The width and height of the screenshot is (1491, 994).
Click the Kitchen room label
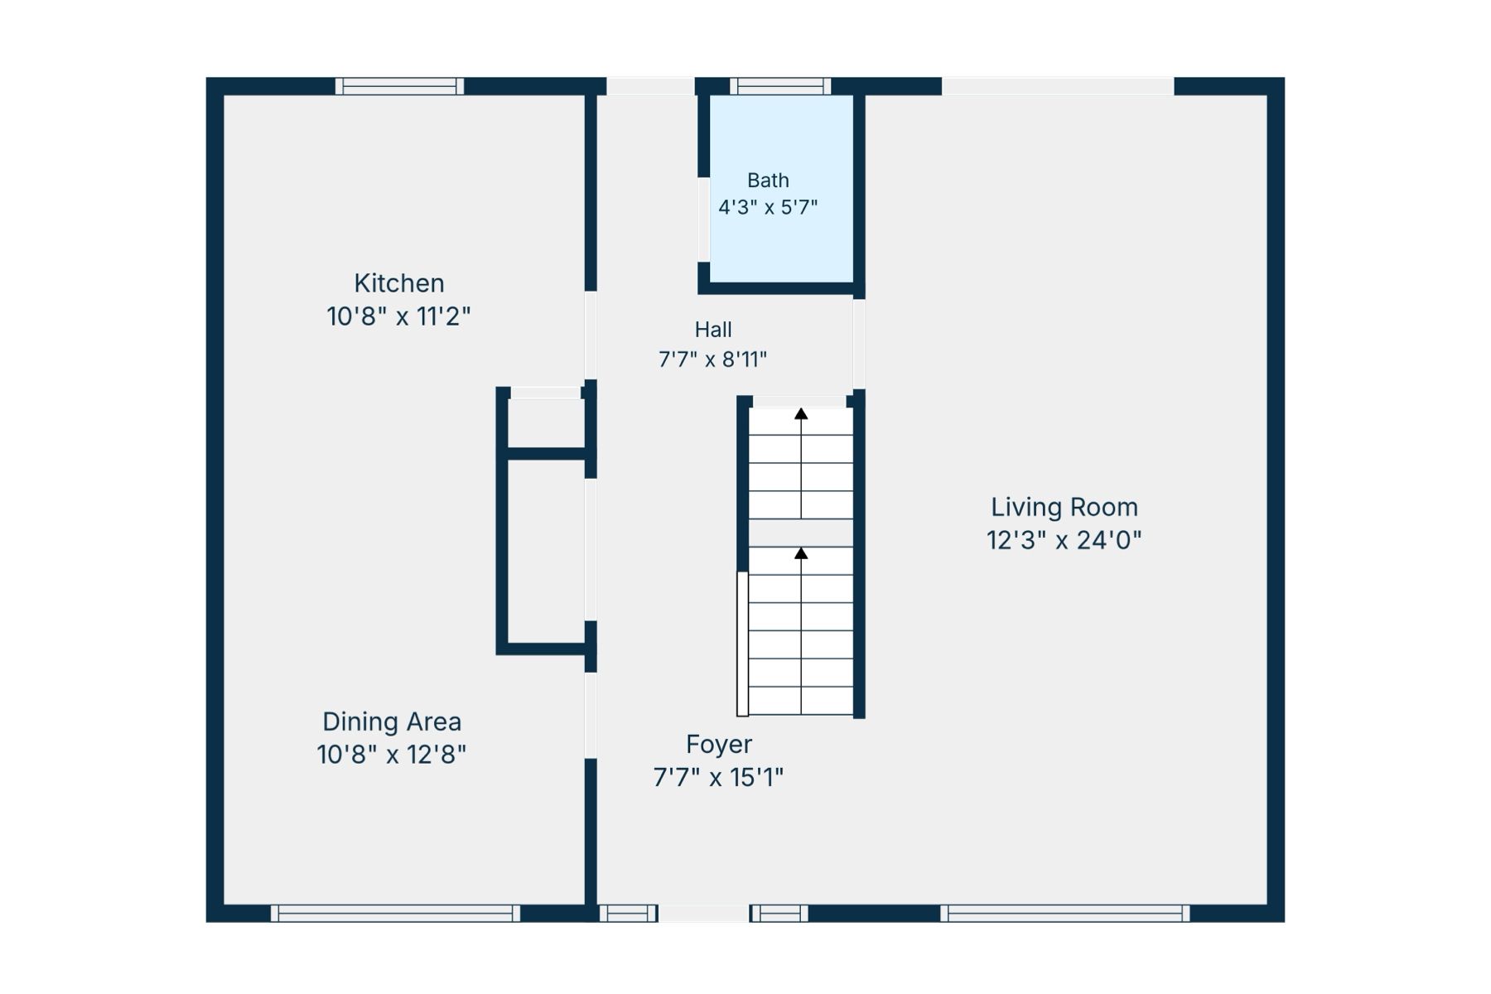tap(399, 283)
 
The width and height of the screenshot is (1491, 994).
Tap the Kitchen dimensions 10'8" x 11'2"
tap(399, 316)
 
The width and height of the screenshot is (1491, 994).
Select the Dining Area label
tap(392, 722)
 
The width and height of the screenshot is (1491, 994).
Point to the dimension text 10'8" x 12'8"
tap(392, 755)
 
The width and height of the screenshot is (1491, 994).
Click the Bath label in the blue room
tap(768, 180)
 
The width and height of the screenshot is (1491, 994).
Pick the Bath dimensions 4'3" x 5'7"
tap(768, 207)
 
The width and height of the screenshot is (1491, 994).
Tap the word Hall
tap(713, 330)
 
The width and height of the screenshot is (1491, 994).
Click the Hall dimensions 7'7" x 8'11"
tap(712, 359)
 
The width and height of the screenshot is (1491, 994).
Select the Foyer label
tap(719, 745)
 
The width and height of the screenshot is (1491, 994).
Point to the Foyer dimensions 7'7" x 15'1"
tap(718, 778)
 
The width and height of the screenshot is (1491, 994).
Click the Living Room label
tap(1064, 507)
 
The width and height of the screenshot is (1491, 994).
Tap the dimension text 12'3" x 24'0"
tap(1064, 540)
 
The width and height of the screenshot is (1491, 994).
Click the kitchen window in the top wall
tap(399, 86)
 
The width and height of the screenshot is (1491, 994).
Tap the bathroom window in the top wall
tap(780, 86)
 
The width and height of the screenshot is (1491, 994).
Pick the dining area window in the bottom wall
tap(395, 914)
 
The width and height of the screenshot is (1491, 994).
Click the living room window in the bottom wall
tap(1065, 914)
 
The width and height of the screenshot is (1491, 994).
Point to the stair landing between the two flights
tap(801, 533)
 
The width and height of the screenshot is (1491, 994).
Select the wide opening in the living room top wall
tap(1058, 86)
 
